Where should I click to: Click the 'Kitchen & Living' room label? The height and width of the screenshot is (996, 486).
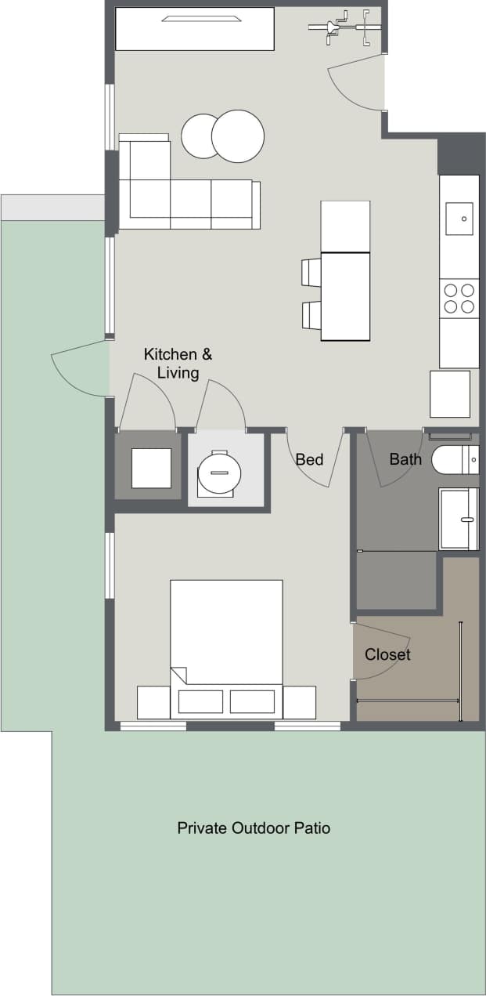(x=178, y=364)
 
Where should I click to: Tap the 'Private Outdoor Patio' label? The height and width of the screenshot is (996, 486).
(x=254, y=828)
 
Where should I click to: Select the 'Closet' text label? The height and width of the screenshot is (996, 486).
(x=387, y=654)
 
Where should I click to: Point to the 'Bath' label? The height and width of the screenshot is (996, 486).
(x=405, y=459)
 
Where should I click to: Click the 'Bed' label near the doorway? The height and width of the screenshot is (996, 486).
(x=309, y=459)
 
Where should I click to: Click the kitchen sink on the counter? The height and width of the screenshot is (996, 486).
(x=459, y=218)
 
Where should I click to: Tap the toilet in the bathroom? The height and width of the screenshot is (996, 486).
(x=454, y=460)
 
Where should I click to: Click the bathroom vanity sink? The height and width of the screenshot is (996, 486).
(x=459, y=519)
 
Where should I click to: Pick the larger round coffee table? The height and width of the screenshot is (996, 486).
(x=238, y=136)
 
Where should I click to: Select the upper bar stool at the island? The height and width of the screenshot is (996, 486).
(x=311, y=272)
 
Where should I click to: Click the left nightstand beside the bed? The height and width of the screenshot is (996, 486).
(x=153, y=702)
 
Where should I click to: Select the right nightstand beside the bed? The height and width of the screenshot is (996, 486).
(x=300, y=702)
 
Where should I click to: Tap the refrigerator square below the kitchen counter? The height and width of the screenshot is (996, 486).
(x=450, y=394)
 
